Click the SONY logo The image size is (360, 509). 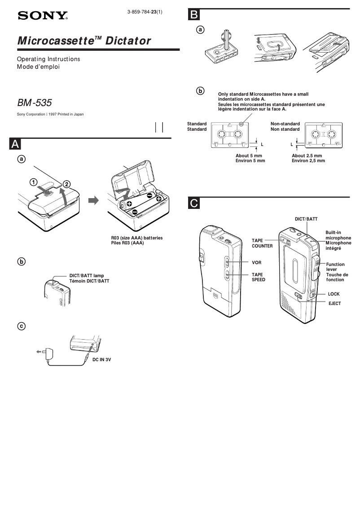(42, 16)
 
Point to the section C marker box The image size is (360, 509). (193, 204)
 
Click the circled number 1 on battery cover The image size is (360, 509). (34, 182)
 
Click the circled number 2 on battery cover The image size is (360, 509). (66, 183)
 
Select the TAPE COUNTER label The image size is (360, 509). (262, 243)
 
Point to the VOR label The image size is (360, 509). (256, 262)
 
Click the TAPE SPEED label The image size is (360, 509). (258, 277)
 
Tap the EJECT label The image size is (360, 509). (334, 304)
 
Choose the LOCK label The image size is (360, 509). (334, 293)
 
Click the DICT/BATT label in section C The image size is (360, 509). (306, 218)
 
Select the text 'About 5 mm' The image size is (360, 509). (249, 155)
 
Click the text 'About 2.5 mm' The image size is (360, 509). (307, 155)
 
